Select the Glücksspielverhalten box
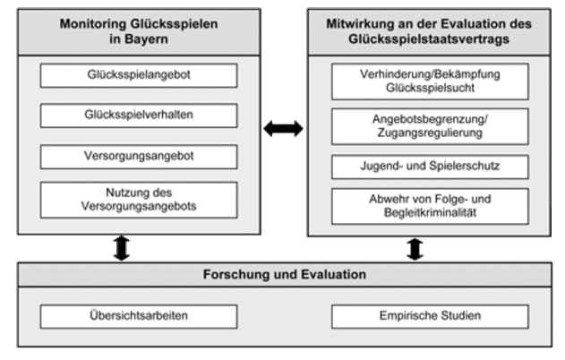coord(139,116)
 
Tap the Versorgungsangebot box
coord(139,155)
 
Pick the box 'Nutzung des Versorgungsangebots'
coord(139,200)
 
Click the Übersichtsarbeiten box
coord(139,315)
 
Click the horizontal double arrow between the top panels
coord(283,129)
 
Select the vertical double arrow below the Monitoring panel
coord(121,248)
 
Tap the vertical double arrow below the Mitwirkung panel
coord(415,248)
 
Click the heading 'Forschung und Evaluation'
coord(283,274)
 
